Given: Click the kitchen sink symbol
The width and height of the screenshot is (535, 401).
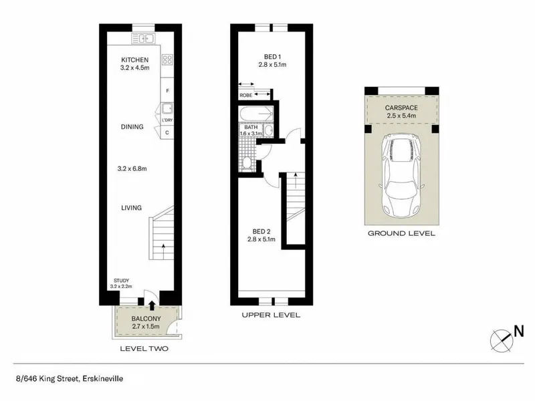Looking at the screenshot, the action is tap(143, 39).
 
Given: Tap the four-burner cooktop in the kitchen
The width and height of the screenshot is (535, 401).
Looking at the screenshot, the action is tap(167, 59).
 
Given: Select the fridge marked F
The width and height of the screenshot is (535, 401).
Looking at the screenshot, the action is tap(167, 91).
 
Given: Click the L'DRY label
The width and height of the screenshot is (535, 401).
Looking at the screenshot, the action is tap(167, 120).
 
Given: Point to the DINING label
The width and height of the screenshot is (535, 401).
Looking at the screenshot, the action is tap(132, 127).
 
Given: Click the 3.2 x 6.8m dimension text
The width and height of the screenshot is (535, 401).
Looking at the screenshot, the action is tap(132, 168).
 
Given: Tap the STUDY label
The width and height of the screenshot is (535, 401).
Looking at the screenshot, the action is tap(122, 281).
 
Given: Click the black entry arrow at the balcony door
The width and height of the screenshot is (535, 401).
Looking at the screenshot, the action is tap(152, 305).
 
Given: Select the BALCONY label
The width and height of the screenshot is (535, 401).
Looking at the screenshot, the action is tap(146, 319).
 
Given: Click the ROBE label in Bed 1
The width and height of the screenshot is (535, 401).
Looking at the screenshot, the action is tap(245, 96).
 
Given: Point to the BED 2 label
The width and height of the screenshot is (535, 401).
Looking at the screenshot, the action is tap(261, 232).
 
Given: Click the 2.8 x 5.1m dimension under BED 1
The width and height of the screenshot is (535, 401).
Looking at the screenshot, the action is tap(272, 64).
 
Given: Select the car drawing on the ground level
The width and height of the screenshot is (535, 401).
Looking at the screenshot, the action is tap(402, 176).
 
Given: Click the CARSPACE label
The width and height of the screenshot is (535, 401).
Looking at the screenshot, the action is tap(401, 108).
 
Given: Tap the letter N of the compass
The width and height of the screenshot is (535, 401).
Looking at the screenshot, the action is tap(519, 331).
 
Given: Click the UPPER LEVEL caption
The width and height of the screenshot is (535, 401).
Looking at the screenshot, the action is tap(271, 315).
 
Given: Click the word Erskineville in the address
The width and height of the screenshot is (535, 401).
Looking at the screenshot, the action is tap(103, 378).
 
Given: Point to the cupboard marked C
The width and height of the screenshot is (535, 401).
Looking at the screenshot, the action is tap(167, 132).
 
